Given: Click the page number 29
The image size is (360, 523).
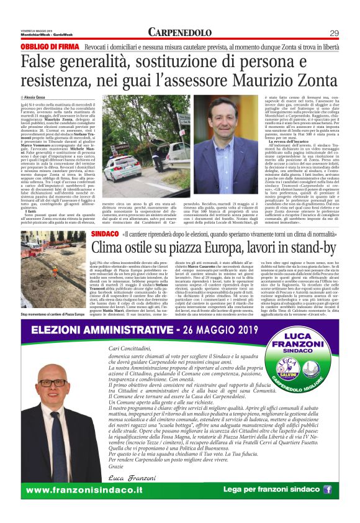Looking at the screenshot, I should [333, 33].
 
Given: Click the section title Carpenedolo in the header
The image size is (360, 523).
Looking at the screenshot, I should [180, 33].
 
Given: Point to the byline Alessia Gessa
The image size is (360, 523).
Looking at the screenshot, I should [39, 98].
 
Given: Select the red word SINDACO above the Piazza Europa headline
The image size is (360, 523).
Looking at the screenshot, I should [104, 234].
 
